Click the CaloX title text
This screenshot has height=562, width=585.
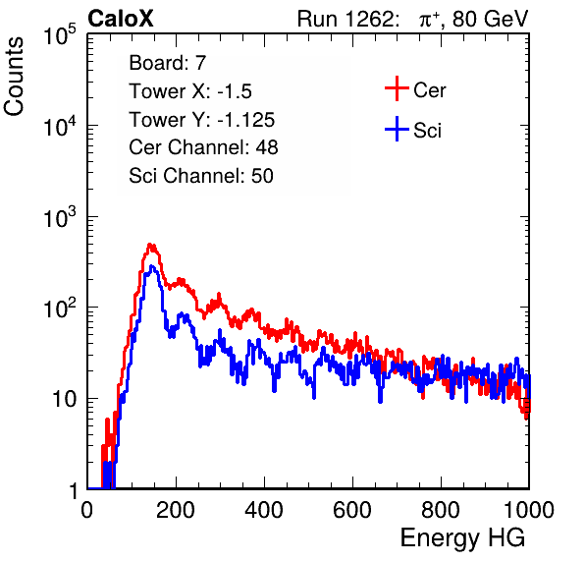click(x=121, y=19)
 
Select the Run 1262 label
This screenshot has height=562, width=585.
click(x=346, y=19)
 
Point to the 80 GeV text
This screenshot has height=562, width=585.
click(x=490, y=19)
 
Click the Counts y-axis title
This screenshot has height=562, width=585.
click(x=14, y=77)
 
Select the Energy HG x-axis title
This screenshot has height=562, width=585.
click(x=462, y=538)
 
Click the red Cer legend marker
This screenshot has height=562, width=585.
click(x=397, y=88)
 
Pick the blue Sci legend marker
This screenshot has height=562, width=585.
click(x=397, y=130)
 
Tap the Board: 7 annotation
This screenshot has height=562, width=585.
click(x=168, y=63)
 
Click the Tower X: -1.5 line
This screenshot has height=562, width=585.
click(x=190, y=91)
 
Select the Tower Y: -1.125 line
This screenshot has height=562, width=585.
click(x=202, y=120)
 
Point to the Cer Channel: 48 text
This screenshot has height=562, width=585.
click(x=203, y=147)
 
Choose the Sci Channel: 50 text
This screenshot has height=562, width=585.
click(x=201, y=176)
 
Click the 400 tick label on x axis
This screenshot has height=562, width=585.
click(x=264, y=510)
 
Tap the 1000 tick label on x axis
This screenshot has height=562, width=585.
click(x=529, y=510)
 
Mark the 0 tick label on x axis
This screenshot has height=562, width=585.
click(x=87, y=510)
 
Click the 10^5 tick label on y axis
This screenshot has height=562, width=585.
click(x=60, y=34)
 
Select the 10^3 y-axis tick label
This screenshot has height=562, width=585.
click(x=60, y=217)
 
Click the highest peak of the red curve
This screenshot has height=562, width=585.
click(x=150, y=245)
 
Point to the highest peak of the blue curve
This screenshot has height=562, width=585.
click(x=151, y=266)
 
